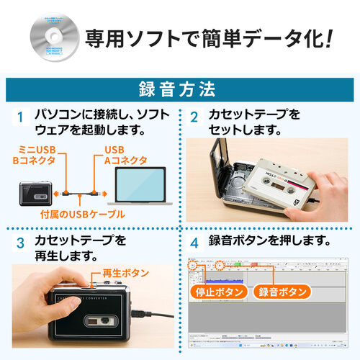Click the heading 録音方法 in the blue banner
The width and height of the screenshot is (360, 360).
click(x=180, y=90)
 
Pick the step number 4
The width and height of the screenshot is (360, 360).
click(x=194, y=240)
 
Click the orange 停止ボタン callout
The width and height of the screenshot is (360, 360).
click(x=219, y=293)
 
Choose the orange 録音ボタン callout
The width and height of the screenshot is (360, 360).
click(x=282, y=293)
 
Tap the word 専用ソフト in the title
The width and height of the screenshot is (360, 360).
click(x=133, y=36)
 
